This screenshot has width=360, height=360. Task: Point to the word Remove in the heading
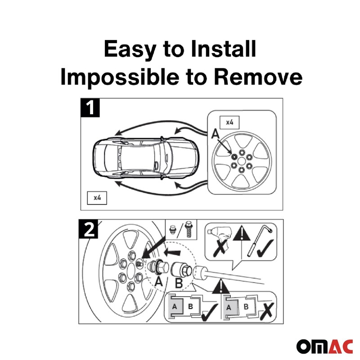tap(258, 77)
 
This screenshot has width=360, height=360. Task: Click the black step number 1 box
tap(90, 108)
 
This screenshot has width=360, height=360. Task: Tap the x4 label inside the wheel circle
tap(229, 122)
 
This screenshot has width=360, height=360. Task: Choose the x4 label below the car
tap(97, 198)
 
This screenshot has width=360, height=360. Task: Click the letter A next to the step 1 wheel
tap(215, 133)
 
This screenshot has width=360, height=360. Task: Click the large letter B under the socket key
tap(179, 283)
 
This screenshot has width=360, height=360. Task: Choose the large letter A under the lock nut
tap(158, 283)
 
